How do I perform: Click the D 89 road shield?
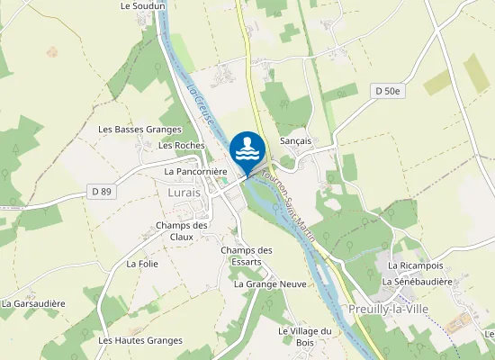(x=102, y=191)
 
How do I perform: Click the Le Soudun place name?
(x=143, y=5)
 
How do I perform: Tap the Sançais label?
(x=295, y=141)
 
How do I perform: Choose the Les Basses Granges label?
(x=139, y=130)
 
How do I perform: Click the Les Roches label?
(x=181, y=145)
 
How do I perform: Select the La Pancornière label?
(x=195, y=171)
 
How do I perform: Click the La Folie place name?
(x=142, y=264)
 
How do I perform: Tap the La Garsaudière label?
(x=33, y=303)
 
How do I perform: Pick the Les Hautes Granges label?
(x=140, y=340)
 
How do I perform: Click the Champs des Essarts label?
(x=246, y=256)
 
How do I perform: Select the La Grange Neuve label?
(x=270, y=283)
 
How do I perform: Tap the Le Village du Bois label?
(x=305, y=336)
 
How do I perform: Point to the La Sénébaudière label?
(x=416, y=281)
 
